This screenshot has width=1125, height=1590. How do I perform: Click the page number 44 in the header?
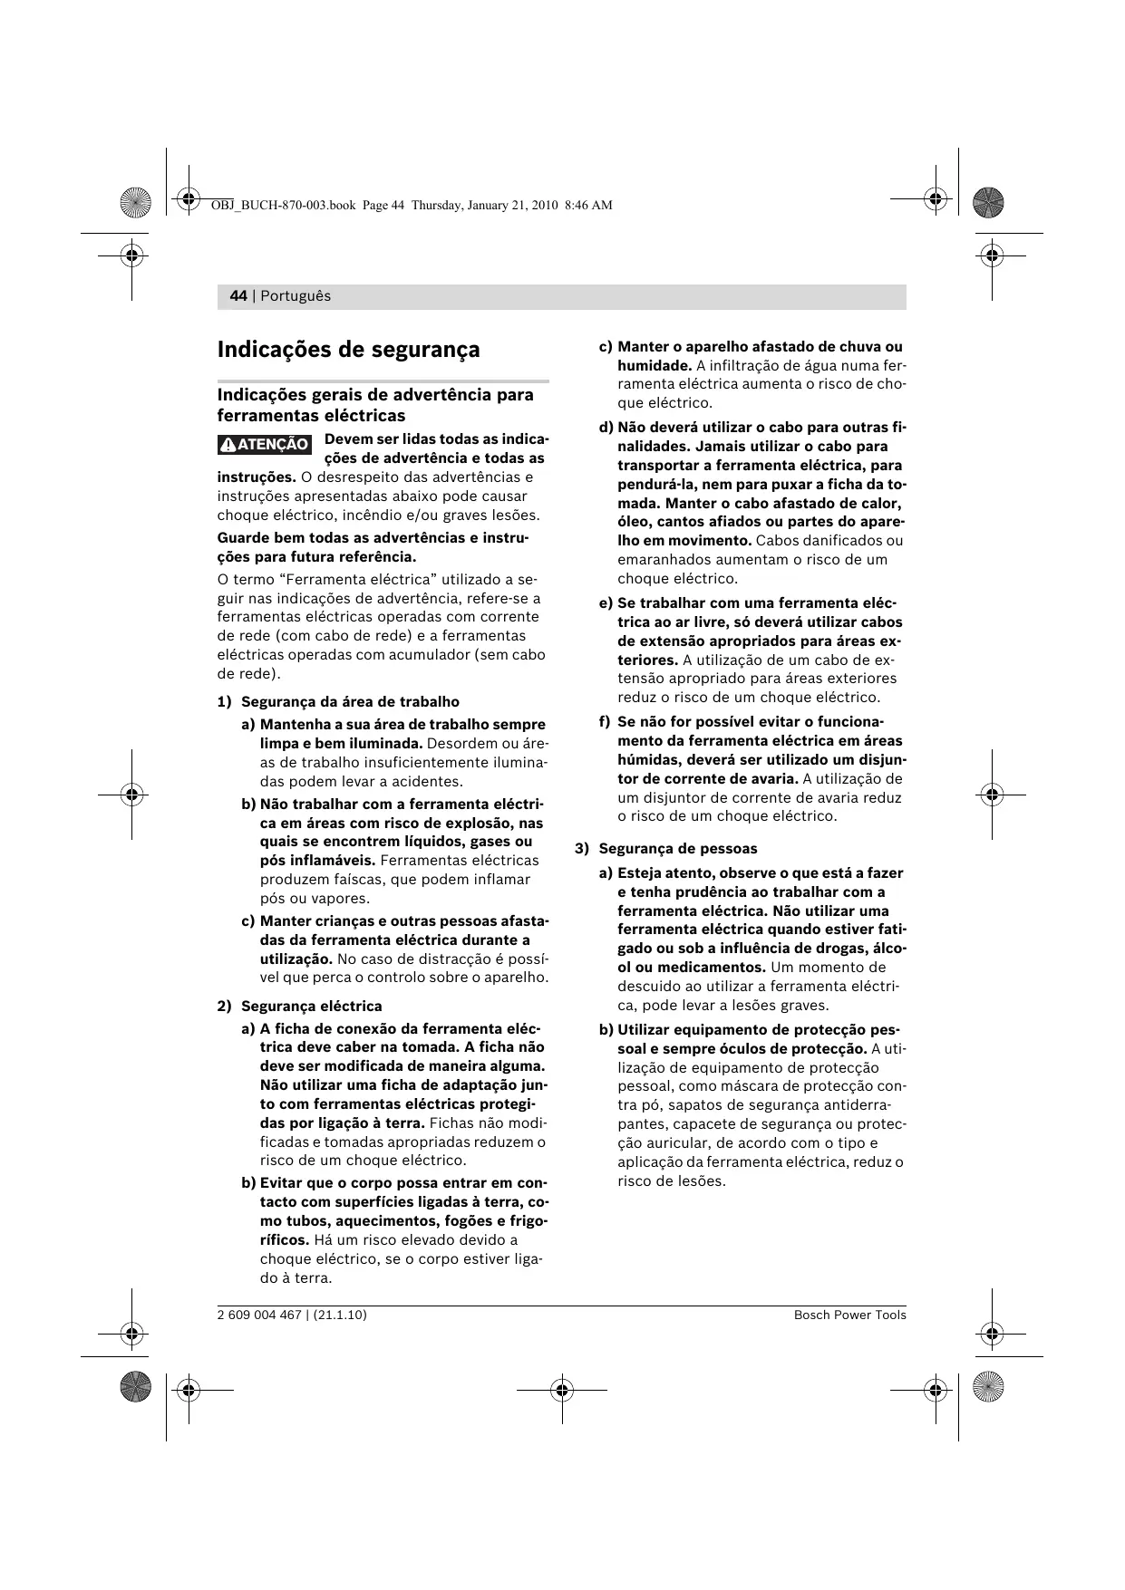pyautogui.click(x=238, y=296)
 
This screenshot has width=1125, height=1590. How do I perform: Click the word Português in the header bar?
pyautogui.click(x=296, y=296)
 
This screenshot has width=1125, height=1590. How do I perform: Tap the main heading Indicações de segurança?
pyautogui.click(x=348, y=350)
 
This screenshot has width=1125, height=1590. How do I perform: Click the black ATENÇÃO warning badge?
pyautogui.click(x=265, y=445)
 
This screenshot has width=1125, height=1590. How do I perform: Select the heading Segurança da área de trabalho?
pyautogui.click(x=350, y=702)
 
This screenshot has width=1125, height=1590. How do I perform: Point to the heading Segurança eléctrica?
pyautogui.click(x=311, y=1007)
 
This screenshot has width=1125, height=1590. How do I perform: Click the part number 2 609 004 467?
pyautogui.click(x=258, y=1315)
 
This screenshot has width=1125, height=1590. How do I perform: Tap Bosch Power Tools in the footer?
pyautogui.click(x=849, y=1315)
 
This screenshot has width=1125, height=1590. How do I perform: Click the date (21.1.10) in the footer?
pyautogui.click(x=340, y=1315)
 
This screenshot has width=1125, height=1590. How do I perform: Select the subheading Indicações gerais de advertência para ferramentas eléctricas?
pyautogui.click(x=375, y=405)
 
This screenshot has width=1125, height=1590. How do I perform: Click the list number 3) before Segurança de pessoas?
pyautogui.click(x=582, y=849)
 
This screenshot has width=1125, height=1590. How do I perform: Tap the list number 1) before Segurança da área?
pyautogui.click(x=224, y=702)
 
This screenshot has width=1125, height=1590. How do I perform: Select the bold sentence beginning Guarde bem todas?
pyautogui.click(x=373, y=547)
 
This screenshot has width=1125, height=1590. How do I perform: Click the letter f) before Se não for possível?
pyautogui.click(x=605, y=722)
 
